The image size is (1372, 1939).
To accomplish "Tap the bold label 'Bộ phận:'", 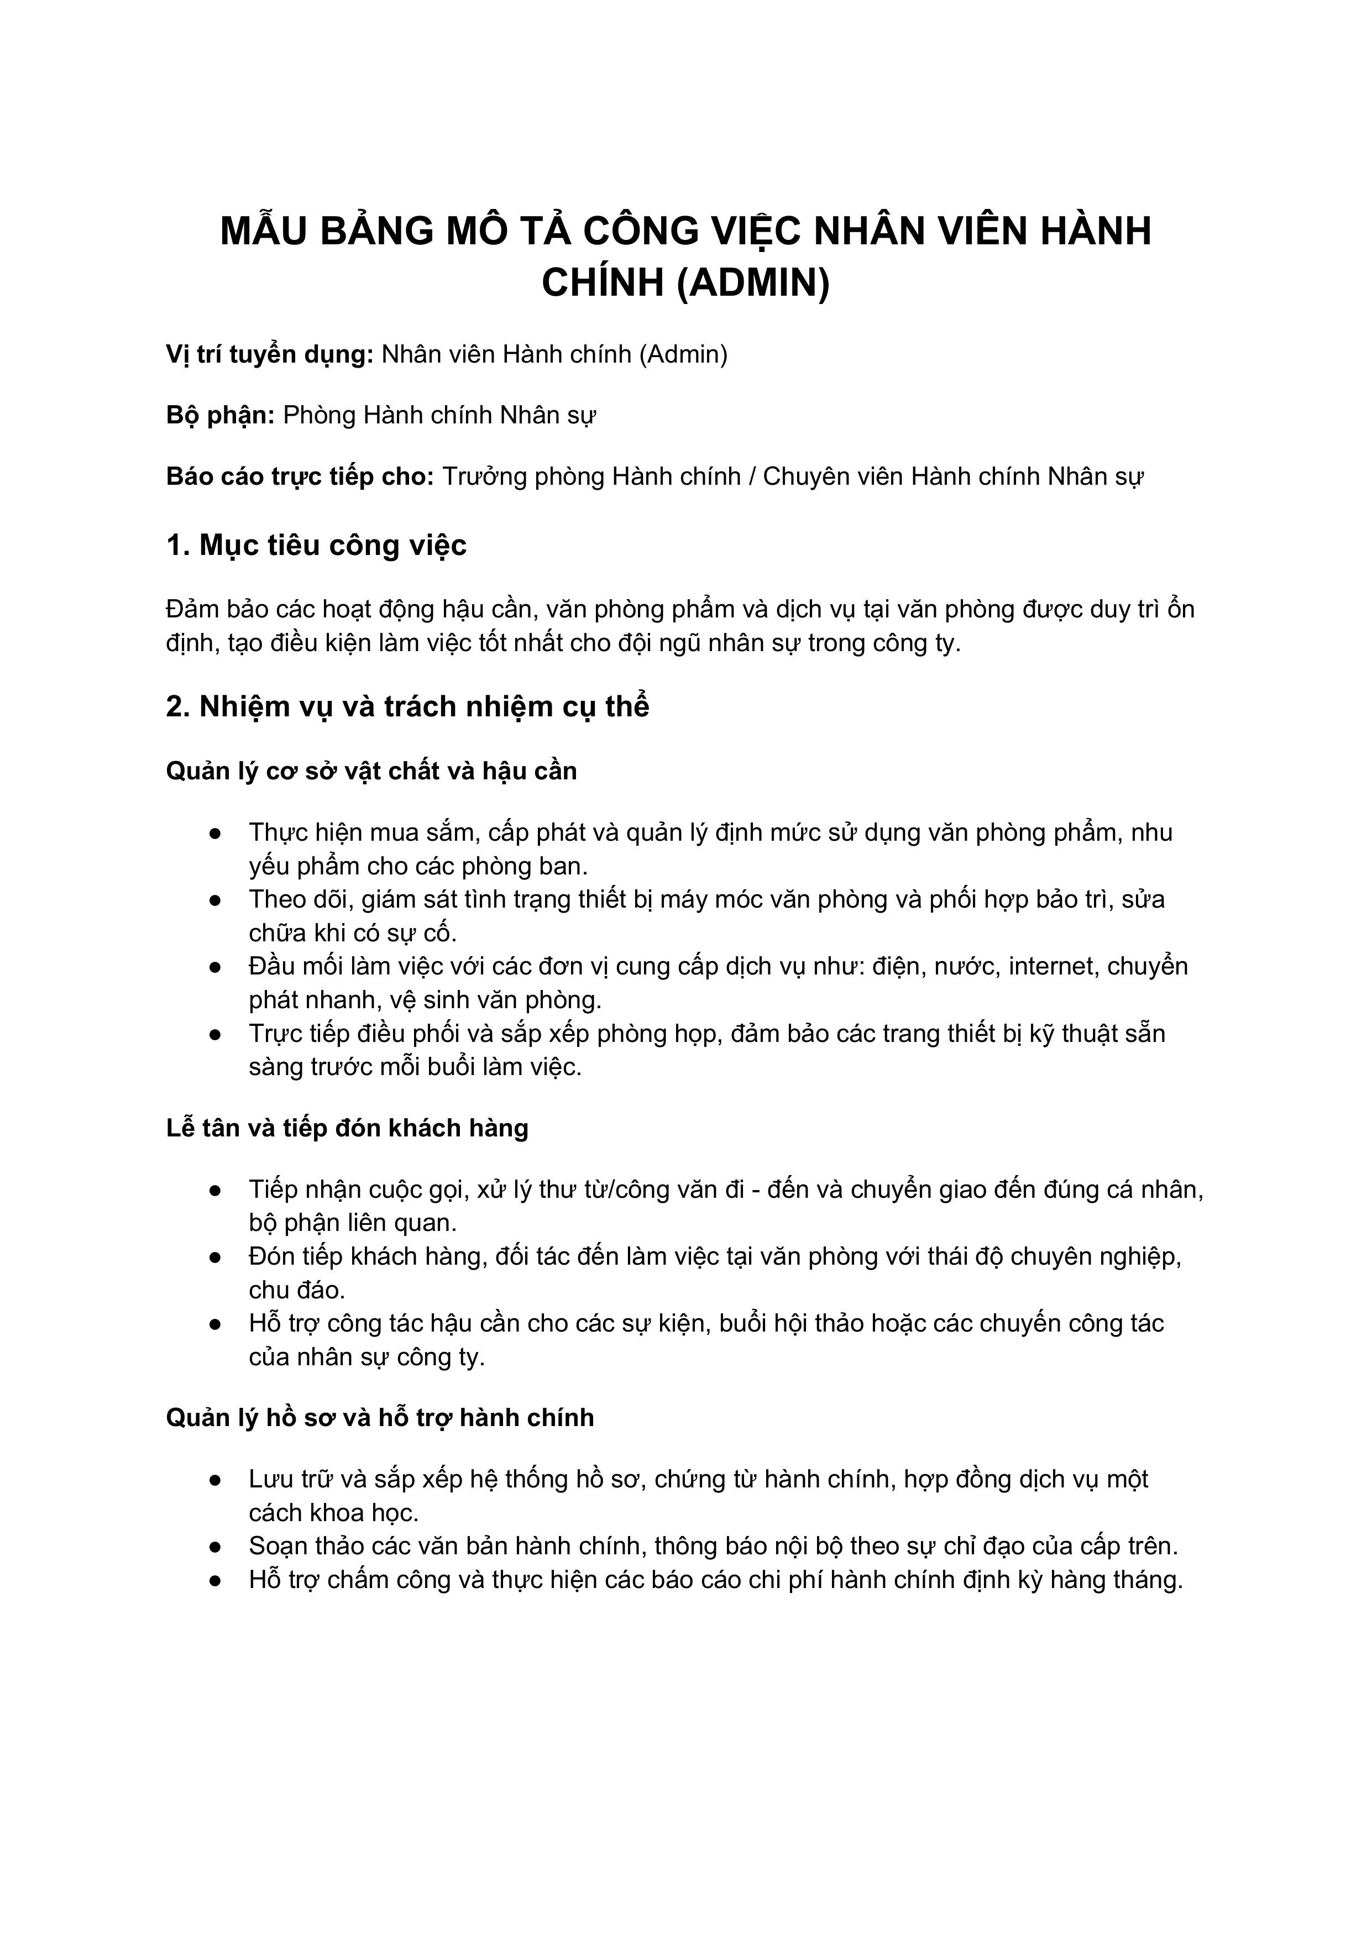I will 221,416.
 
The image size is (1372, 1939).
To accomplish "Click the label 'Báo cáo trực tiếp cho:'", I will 300,477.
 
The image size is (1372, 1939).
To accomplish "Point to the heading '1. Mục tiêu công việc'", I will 316,546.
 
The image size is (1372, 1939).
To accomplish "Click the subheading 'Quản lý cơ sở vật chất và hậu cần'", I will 371,771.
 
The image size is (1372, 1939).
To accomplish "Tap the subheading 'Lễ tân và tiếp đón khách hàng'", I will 347,1128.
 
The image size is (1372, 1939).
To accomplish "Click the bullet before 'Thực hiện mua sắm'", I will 216,834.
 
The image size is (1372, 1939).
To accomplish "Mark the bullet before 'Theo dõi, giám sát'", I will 216,900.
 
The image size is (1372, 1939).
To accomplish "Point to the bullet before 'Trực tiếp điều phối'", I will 216,1035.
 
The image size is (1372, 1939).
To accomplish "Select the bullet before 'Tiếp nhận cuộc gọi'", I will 216,1191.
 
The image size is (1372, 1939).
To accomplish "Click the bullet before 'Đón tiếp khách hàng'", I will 216,1257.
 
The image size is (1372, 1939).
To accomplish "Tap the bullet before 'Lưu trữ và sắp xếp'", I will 216,1480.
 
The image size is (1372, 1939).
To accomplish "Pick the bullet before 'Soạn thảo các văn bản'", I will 216,1547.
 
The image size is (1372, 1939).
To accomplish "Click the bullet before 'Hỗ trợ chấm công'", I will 216,1580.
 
